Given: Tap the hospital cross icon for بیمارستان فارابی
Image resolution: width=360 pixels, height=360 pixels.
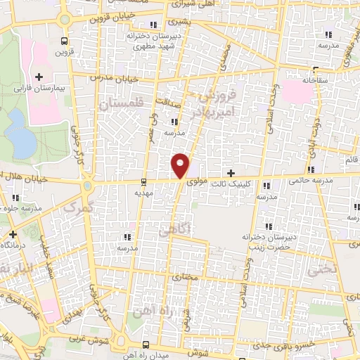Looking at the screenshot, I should point(39,76).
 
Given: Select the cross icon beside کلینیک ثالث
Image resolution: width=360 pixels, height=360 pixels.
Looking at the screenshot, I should point(231,173).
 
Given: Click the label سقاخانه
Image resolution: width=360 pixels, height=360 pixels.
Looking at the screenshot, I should point(316,81).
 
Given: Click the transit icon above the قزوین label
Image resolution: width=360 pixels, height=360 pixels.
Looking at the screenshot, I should point(65,41).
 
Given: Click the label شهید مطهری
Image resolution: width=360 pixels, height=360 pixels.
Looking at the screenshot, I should point(148,44).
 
